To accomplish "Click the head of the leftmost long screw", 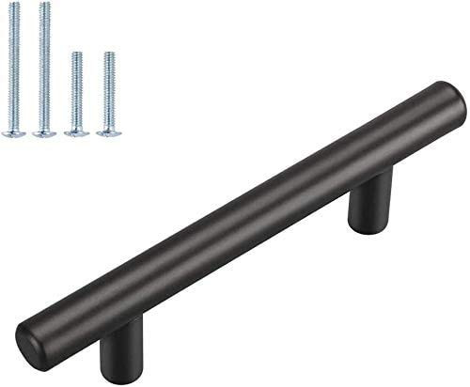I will pyautogui.click(x=13, y=133).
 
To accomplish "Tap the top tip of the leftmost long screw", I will pyautogui.click(x=13, y=5).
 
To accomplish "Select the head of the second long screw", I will pyautogui.click(x=44, y=133).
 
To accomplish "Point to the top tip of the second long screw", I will pyautogui.click(x=44, y=5).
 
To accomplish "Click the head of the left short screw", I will pyautogui.click(x=77, y=133).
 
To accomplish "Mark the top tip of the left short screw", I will pyautogui.click(x=77, y=54).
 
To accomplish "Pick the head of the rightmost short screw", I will pyautogui.click(x=109, y=133).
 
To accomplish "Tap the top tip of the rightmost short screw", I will pyautogui.click(x=109, y=54).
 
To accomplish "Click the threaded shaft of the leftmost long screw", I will pyautogui.click(x=13, y=66).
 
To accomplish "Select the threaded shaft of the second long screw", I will pyautogui.click(x=44, y=66).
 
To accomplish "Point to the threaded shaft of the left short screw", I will pyautogui.click(x=77, y=89).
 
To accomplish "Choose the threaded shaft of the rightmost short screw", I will pyautogui.click(x=109, y=89).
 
